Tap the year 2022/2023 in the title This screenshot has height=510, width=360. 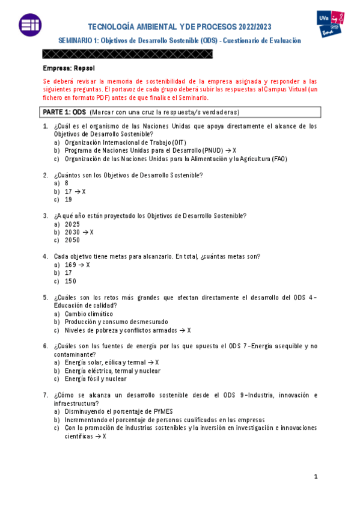[247, 27]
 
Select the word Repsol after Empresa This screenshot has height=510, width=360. [85, 68]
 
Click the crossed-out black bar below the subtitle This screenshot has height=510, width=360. [128, 54]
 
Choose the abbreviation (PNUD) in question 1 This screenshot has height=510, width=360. [209, 150]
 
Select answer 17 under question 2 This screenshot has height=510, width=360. [69, 191]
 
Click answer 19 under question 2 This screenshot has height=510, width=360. [69, 200]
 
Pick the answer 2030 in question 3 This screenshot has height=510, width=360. [72, 232]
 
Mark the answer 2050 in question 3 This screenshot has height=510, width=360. [72, 240]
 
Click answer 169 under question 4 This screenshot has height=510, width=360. [70, 265]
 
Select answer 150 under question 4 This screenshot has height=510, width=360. [70, 281]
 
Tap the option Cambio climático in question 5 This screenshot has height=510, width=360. [88, 313]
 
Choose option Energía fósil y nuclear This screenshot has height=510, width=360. [96, 379]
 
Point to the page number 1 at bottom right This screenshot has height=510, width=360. [316, 477]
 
